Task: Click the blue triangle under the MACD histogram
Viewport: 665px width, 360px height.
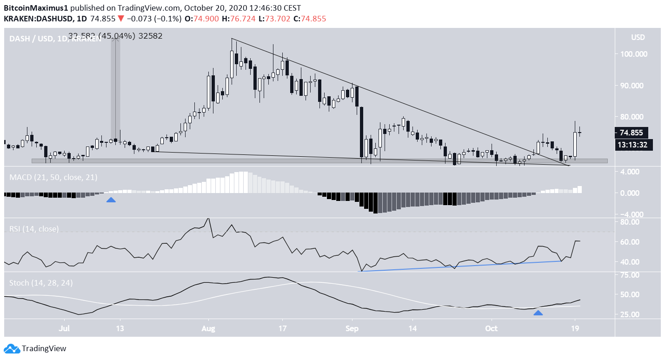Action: (x=111, y=200)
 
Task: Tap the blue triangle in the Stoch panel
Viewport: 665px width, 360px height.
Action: (x=538, y=313)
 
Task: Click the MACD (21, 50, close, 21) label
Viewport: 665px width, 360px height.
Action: (x=53, y=177)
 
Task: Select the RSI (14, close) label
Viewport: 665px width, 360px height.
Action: (x=34, y=229)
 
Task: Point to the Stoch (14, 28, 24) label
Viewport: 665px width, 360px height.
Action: (x=41, y=283)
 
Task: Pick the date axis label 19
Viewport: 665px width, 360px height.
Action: (x=575, y=328)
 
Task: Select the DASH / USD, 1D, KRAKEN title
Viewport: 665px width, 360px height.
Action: (x=55, y=39)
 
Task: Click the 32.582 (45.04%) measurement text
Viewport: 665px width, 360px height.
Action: (x=115, y=36)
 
